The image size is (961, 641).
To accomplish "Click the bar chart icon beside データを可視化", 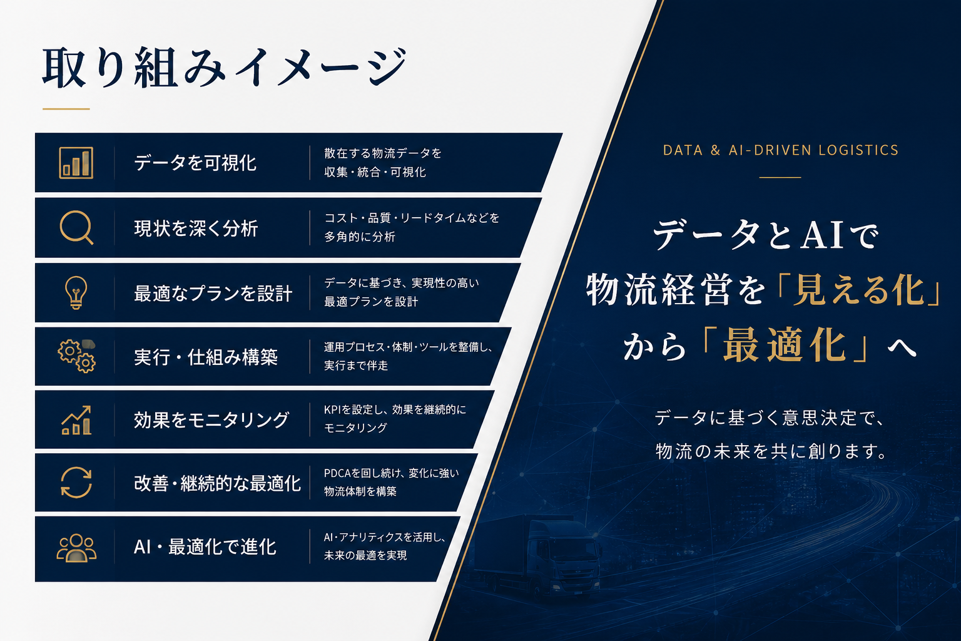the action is (76, 163).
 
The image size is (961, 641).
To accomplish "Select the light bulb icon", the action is (76, 292).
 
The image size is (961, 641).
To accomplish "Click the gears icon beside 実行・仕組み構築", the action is (76, 356).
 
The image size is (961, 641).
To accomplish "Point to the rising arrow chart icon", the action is (76, 420).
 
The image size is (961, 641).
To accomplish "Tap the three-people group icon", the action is (76, 548).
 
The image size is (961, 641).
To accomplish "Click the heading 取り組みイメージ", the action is (224, 68).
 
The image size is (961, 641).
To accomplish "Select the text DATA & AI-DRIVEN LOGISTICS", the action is (780, 150).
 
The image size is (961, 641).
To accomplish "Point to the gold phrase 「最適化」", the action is (785, 345).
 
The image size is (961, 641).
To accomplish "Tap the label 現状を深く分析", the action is (196, 228).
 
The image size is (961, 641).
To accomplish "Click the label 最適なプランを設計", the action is (213, 293).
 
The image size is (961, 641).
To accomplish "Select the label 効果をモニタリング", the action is (211, 420).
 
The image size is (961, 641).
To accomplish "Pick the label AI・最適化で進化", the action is (205, 547).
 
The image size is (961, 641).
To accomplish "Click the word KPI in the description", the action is (332, 409).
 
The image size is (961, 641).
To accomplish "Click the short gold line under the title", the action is (66, 109).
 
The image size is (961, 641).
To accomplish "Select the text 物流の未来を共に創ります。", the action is (771, 451).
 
